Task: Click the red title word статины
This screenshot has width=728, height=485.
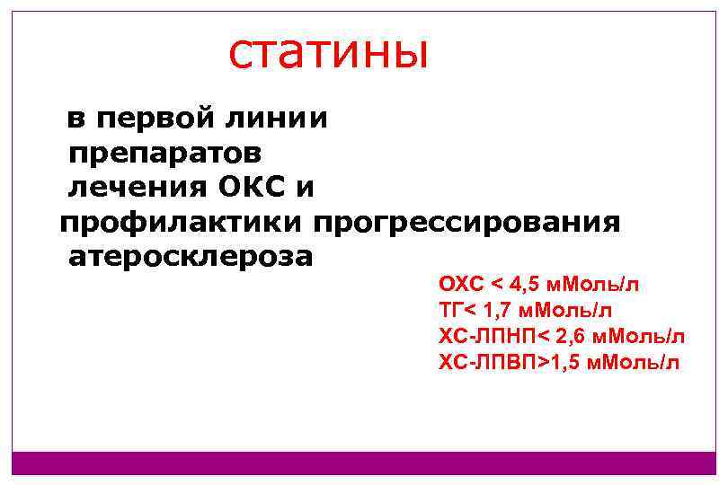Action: click(329, 53)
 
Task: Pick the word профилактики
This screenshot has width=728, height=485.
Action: click(182, 222)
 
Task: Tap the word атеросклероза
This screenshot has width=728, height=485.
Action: click(191, 257)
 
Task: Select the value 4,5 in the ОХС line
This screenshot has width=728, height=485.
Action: click(526, 286)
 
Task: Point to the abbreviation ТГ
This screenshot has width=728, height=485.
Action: click(448, 311)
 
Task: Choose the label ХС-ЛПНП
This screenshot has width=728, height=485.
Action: click(485, 337)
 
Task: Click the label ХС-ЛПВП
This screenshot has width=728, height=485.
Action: click(486, 362)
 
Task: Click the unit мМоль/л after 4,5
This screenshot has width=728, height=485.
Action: click(594, 286)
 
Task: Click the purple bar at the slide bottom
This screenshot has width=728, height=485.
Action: click(364, 463)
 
